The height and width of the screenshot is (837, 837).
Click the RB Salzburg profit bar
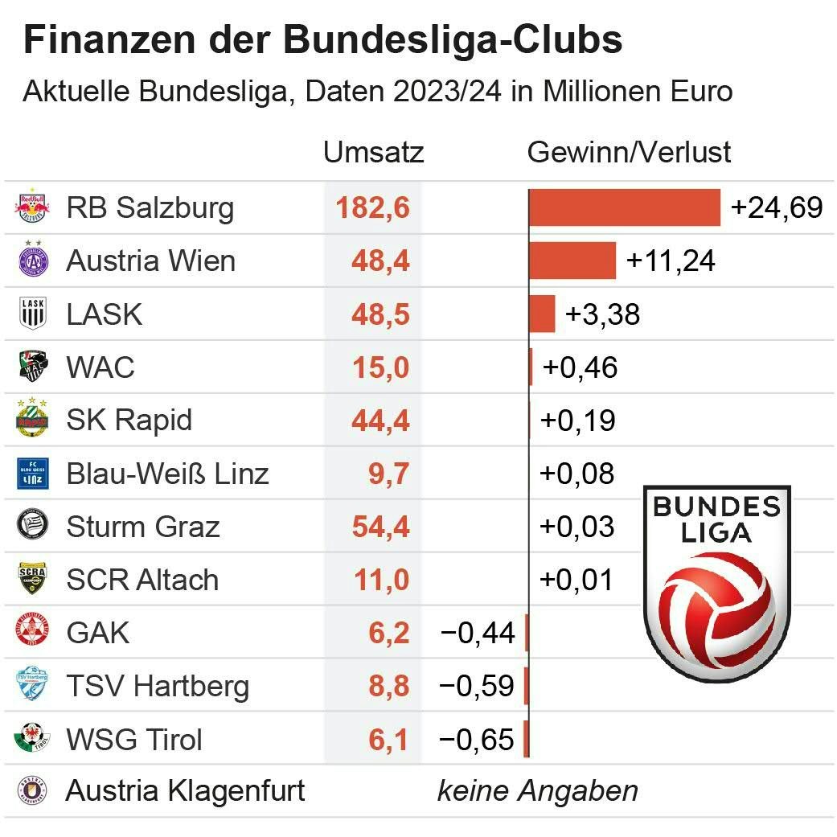pyautogui.click(x=624, y=207)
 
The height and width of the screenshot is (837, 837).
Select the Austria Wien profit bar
pyautogui.click(x=572, y=261)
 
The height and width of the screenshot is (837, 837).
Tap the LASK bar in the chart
pyautogui.click(x=541, y=314)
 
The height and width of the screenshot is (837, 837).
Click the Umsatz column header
pyautogui.click(x=373, y=152)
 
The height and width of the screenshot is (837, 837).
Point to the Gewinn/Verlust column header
pyautogui.click(x=629, y=152)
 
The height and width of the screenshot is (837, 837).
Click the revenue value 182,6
pyautogui.click(x=373, y=207)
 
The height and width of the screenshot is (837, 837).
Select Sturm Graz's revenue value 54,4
pyautogui.click(x=380, y=527)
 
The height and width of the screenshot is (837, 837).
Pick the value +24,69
pyautogui.click(x=777, y=207)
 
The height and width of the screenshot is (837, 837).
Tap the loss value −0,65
pyautogui.click(x=477, y=739)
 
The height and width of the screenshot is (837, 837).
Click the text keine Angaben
pyautogui.click(x=537, y=791)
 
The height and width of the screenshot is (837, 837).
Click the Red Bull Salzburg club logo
pyautogui.click(x=33, y=207)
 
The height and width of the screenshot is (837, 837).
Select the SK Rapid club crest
pyautogui.click(x=33, y=420)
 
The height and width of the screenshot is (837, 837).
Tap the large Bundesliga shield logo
pyautogui.click(x=717, y=583)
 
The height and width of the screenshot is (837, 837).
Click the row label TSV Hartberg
pyautogui.click(x=158, y=687)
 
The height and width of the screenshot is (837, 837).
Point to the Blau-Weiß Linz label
pyautogui.click(x=167, y=474)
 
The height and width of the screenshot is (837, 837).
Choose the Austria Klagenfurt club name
pyautogui.click(x=185, y=791)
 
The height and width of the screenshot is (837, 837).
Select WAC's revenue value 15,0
pyautogui.click(x=380, y=367)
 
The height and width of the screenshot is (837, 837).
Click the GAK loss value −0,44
pyautogui.click(x=477, y=633)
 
